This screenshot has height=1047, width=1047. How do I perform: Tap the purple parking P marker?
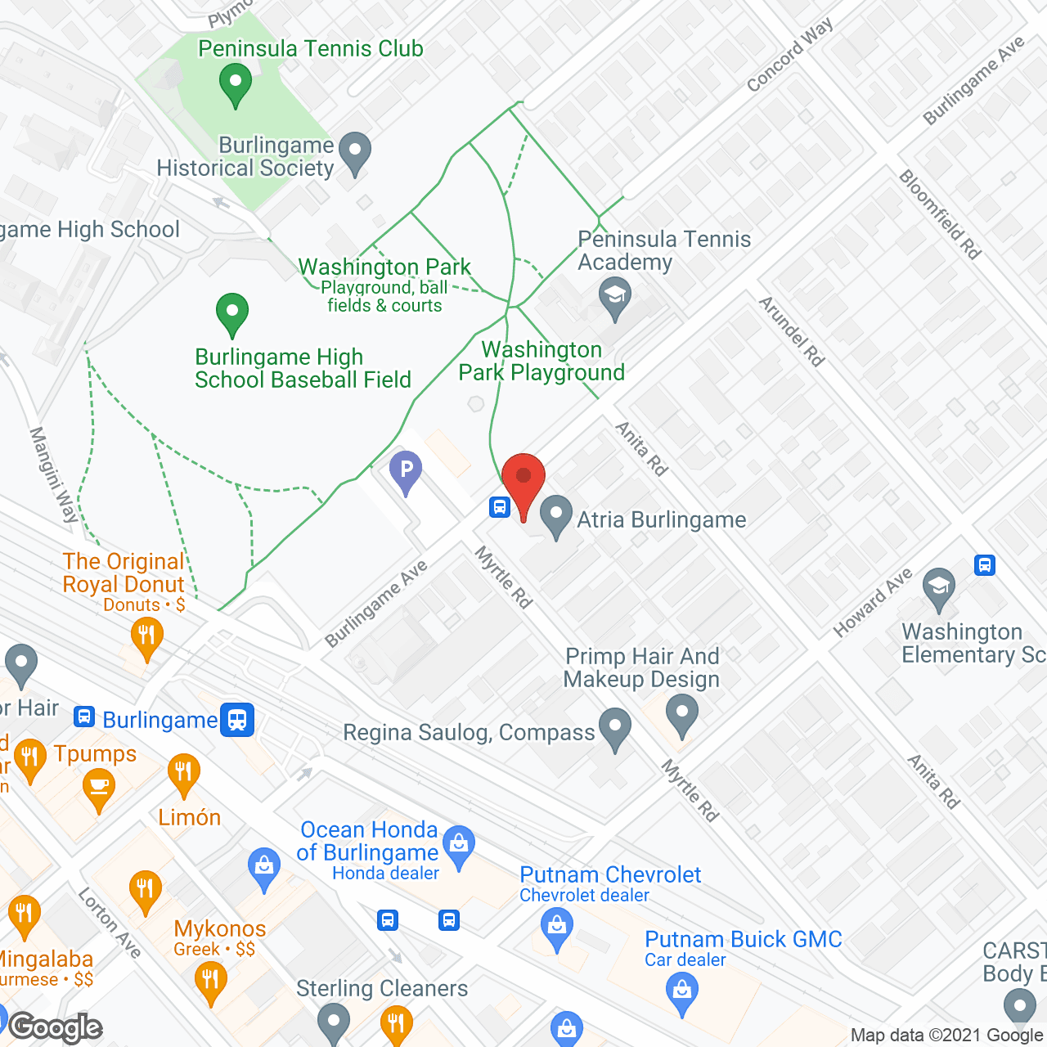point(406,473)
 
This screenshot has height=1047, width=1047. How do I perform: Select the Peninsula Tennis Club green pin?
point(236,84)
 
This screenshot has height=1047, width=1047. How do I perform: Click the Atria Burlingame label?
point(661,520)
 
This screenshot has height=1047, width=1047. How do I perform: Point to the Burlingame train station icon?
point(237,720)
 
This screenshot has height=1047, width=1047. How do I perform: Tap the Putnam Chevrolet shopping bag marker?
point(557,928)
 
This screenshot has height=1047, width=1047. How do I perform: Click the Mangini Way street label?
point(54,474)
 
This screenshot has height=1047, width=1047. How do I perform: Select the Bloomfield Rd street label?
point(940,214)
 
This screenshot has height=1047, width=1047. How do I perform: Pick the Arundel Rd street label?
point(791,330)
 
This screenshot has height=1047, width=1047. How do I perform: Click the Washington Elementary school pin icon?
point(939,588)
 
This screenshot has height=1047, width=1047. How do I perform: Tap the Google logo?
point(56,1027)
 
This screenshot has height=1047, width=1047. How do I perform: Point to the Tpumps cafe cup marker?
point(99,789)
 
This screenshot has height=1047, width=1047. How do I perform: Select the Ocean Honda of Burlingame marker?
point(459,847)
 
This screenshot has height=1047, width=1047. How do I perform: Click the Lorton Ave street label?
point(110,923)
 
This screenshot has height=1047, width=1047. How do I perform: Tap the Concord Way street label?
point(789,55)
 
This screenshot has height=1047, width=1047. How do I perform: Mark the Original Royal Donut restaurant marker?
point(146,637)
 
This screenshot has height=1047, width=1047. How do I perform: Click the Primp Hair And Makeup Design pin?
point(682,714)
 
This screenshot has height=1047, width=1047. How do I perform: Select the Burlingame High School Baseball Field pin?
point(232,312)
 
